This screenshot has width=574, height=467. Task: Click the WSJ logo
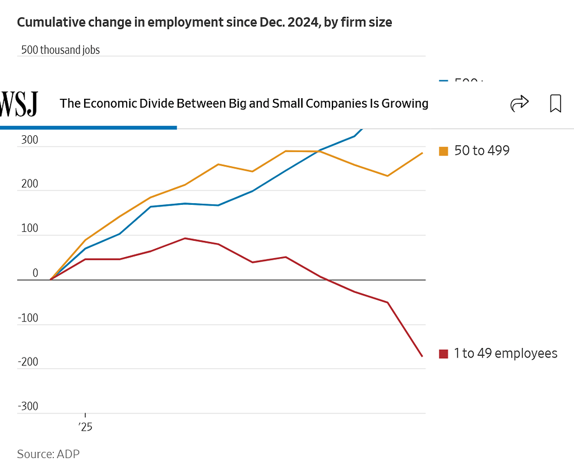tap(19, 104)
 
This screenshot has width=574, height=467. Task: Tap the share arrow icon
tap(520, 103)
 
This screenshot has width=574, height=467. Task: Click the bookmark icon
tap(555, 103)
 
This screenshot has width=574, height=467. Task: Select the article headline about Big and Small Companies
tap(244, 103)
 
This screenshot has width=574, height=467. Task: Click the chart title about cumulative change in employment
tap(204, 22)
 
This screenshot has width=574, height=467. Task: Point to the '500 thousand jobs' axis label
tap(61, 50)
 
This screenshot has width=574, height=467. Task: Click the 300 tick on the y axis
tap(30, 140)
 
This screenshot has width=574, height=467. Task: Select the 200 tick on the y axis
tap(30, 185)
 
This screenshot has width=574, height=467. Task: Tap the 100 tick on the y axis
tap(30, 229)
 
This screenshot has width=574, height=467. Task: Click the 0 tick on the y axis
tap(35, 273)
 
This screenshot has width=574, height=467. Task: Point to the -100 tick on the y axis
tap(28, 318)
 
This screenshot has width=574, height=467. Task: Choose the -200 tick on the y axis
tap(28, 362)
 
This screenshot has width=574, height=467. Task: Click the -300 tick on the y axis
tap(28, 406)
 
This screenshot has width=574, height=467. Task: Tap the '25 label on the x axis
tap(85, 427)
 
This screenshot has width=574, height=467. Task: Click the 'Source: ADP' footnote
tap(48, 454)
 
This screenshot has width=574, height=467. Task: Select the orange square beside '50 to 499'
tap(443, 151)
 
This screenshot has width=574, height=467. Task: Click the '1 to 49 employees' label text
tap(506, 353)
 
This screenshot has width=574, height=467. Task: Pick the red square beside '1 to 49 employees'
tap(443, 354)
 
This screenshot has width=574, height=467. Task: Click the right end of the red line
tap(422, 356)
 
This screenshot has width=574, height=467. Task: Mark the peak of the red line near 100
tap(186, 239)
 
